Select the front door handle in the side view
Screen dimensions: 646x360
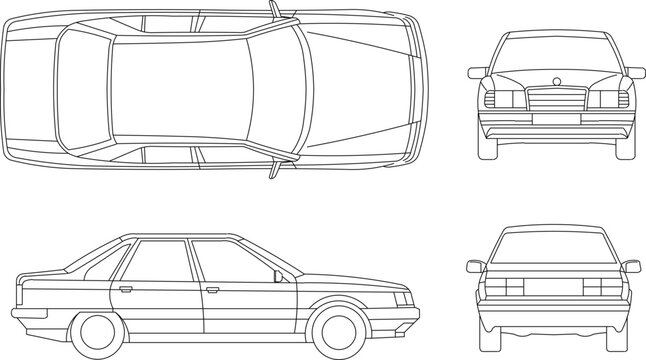(x=212, y=291)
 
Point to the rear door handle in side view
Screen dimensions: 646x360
(x=126, y=290)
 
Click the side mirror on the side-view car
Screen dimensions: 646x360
(x=277, y=274)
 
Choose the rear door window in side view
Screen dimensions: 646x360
(x=160, y=259)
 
